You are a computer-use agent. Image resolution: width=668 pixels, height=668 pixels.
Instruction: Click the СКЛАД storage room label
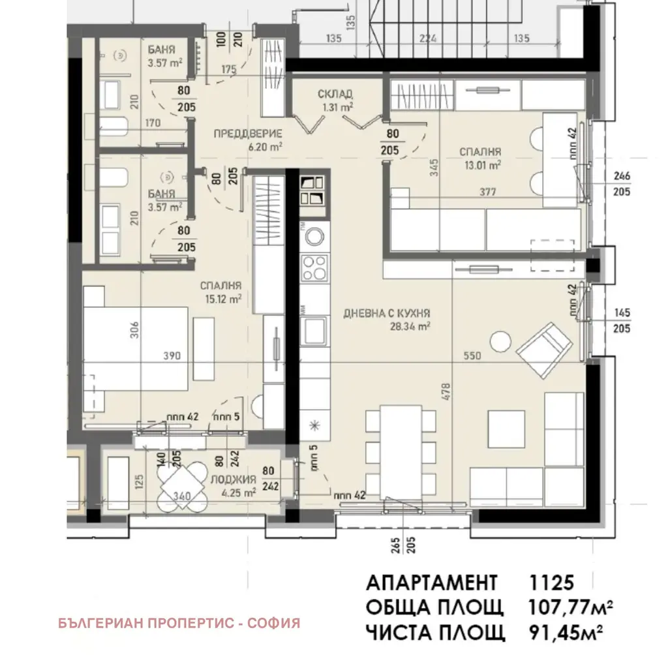click(x=335, y=94)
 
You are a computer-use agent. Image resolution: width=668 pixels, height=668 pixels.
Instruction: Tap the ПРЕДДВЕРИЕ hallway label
click(x=247, y=134)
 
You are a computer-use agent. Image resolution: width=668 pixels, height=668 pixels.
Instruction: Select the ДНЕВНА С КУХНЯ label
click(x=387, y=314)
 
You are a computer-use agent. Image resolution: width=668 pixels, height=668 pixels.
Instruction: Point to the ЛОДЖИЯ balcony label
click(x=233, y=479)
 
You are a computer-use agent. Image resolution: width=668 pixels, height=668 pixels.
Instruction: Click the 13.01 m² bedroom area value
click(x=482, y=165)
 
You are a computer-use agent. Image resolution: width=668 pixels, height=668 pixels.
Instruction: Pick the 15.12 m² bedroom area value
click(x=223, y=299)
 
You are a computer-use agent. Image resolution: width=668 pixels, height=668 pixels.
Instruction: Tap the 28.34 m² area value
click(x=410, y=326)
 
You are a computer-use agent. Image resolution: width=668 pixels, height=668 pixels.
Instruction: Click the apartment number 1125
click(x=551, y=583)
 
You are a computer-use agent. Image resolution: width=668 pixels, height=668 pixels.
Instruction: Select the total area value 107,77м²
click(x=570, y=607)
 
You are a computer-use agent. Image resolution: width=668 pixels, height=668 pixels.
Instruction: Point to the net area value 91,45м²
click(x=566, y=633)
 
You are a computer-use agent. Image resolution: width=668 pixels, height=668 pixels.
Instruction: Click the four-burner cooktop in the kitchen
click(x=314, y=268)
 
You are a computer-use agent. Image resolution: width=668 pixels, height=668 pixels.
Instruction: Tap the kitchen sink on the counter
click(x=314, y=331)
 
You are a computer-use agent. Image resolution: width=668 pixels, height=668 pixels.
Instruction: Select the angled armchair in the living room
click(x=544, y=350)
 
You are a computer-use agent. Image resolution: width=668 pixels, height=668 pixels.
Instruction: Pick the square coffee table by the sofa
click(x=506, y=429)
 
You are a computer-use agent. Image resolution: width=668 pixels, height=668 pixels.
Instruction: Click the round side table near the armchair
click(x=500, y=341)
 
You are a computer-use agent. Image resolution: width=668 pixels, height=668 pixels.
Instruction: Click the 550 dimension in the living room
click(x=472, y=356)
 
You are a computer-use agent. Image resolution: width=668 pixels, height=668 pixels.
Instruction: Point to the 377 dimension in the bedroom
click(x=488, y=192)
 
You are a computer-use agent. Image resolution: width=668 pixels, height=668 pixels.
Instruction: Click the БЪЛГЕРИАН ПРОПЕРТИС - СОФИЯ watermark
click(x=179, y=623)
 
